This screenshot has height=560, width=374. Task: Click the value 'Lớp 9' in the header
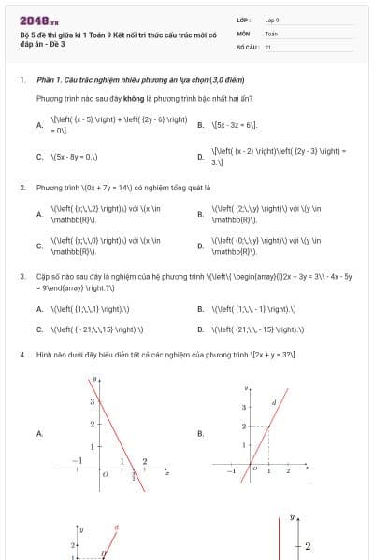coord(272,20)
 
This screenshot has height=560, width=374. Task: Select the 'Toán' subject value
coord(271,33)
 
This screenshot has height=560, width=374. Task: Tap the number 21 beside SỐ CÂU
coord(268,46)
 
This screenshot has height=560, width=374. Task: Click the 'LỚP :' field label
coord(244,20)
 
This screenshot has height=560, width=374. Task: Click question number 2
coord(22,188)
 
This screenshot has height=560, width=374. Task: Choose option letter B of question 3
coord(201,309)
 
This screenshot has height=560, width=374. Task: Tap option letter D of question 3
coord(201,329)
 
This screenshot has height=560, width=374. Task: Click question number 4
coord(22,356)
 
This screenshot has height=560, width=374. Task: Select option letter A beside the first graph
coord(39,433)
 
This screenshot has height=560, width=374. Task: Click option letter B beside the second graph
coord(201,433)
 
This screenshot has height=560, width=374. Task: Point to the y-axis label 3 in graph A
coord(91,401)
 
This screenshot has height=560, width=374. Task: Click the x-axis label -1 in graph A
coord(80,460)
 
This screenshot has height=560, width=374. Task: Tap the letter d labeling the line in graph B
coord(273,403)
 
